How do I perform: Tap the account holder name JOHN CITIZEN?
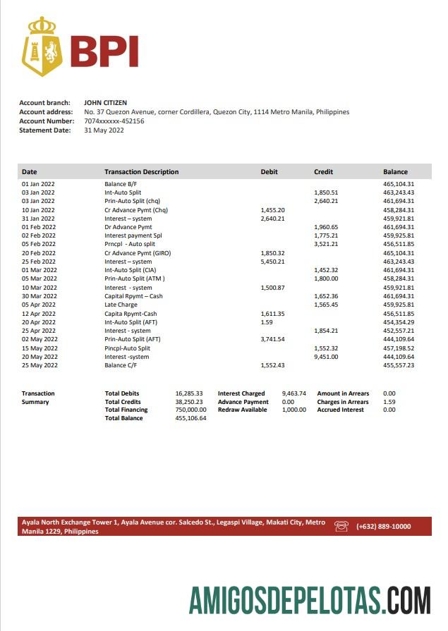105,103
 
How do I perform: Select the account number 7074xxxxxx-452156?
114,121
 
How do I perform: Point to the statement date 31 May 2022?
103,130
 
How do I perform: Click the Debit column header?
269,172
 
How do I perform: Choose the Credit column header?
323,172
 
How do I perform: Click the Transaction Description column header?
141,172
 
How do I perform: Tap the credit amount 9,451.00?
325,357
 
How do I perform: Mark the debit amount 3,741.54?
272,339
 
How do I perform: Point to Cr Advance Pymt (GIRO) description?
138,252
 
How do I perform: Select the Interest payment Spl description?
133,235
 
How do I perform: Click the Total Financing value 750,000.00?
190,410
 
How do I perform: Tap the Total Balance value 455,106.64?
190,418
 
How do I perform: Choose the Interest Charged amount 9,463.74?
293,393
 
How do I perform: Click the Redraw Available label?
242,410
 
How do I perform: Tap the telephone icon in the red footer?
341,526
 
